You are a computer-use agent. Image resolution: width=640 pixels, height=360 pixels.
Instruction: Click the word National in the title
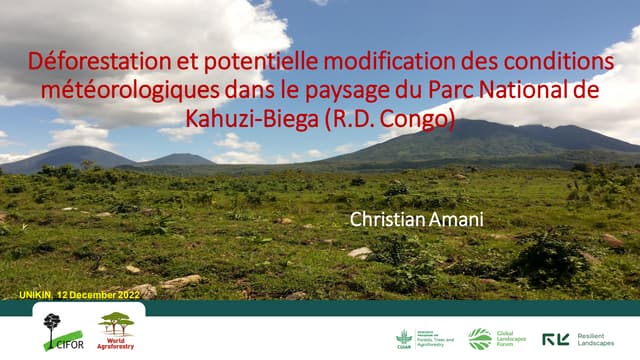point(524,91)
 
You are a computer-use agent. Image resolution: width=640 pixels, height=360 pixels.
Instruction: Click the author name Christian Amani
point(403,217)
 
